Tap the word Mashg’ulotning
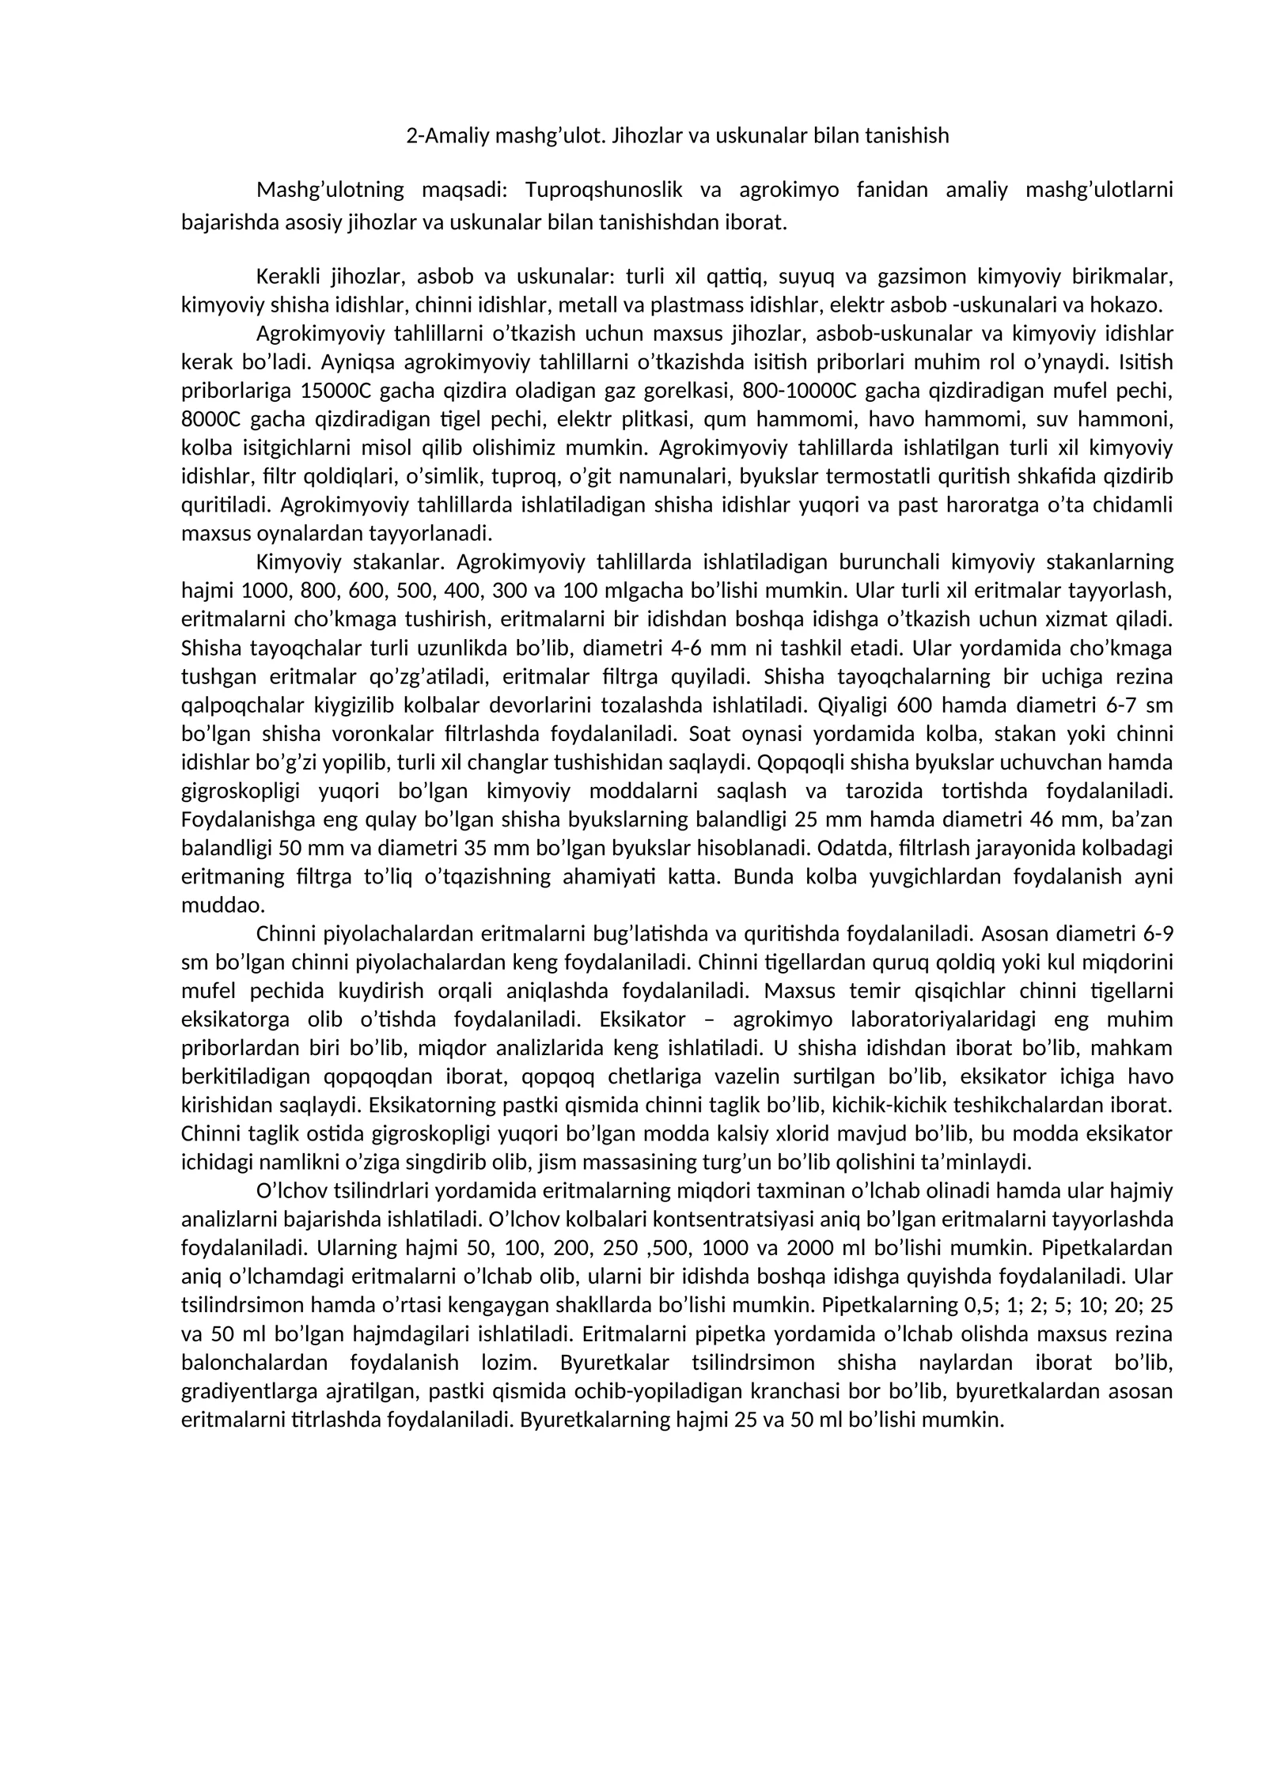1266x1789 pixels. tap(330, 190)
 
